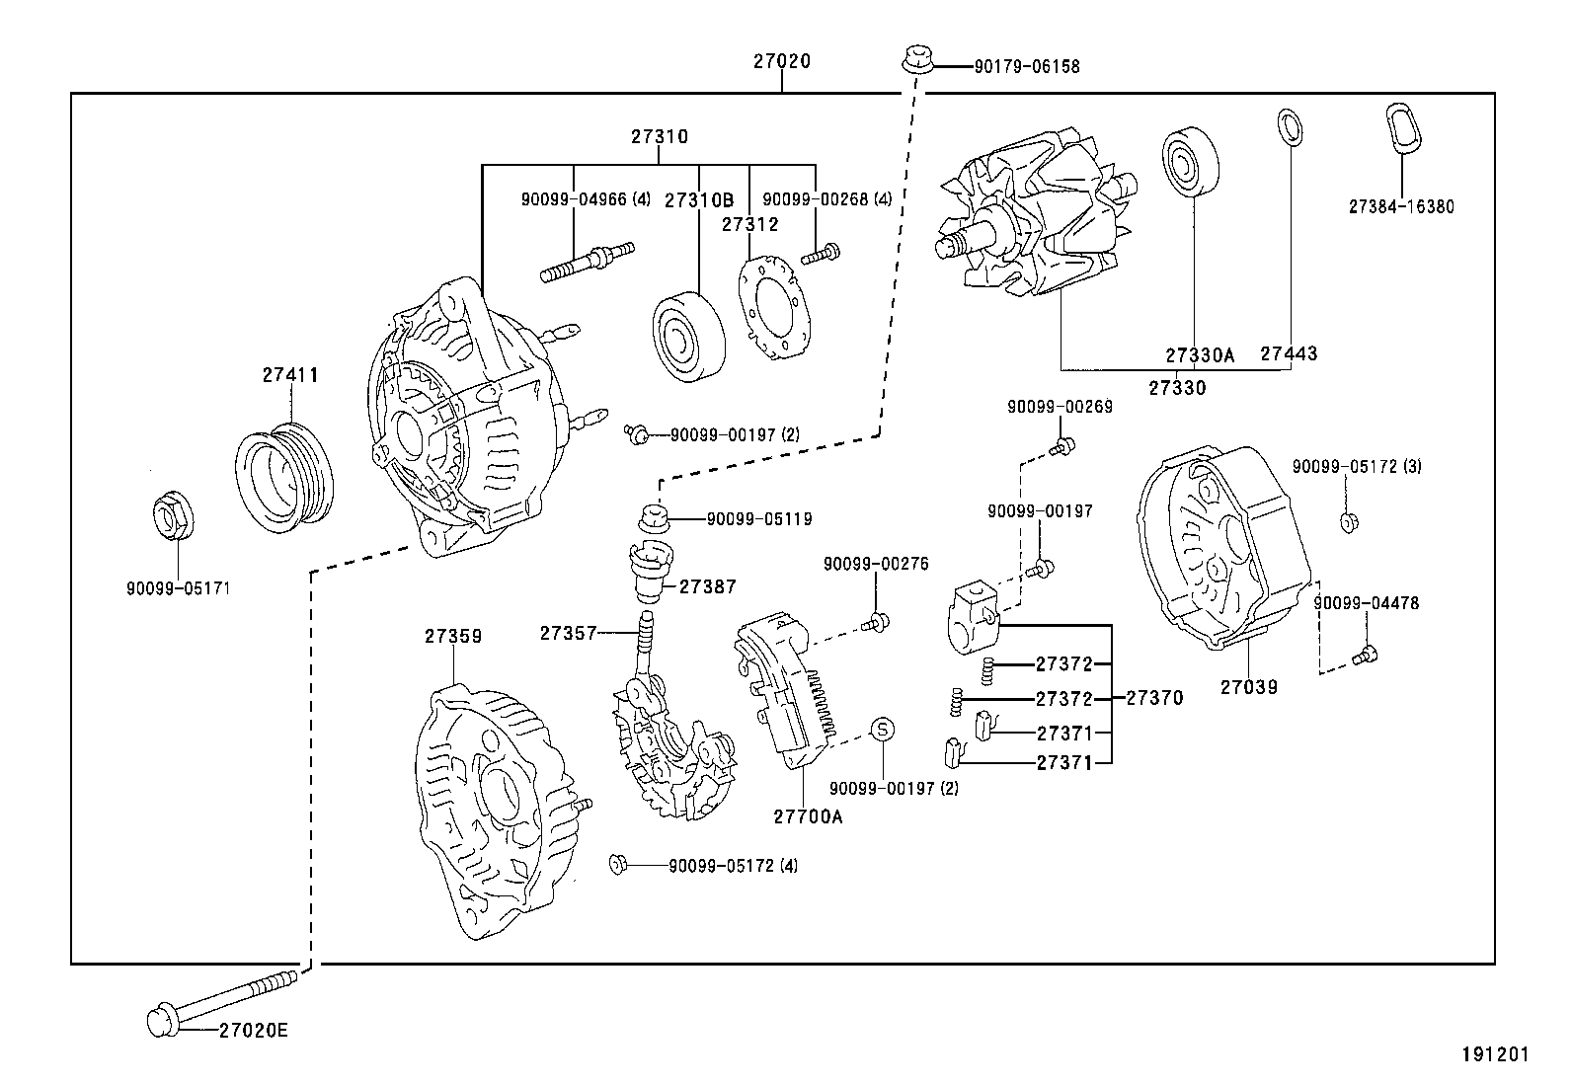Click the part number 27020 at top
pyautogui.click(x=781, y=61)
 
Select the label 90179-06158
pyautogui.click(x=1026, y=67)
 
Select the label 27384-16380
pyautogui.click(x=1400, y=207)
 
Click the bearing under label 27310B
pyautogui.click(x=688, y=335)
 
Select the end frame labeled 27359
pyautogui.click(x=494, y=809)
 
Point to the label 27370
pyautogui.click(x=1154, y=698)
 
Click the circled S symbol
pyautogui.click(x=883, y=730)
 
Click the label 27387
pyautogui.click(x=707, y=586)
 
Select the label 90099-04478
pyautogui.click(x=1366, y=602)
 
